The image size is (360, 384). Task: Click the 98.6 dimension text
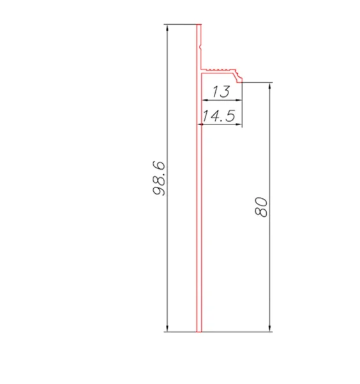point(160,179)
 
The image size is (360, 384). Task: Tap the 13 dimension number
point(220,92)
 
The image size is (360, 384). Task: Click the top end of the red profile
point(199,26)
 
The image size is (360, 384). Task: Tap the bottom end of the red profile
point(199,331)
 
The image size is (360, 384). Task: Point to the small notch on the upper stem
point(202,47)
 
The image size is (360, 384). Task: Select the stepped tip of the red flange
point(241,78)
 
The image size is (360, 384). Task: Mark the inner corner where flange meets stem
point(203,74)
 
